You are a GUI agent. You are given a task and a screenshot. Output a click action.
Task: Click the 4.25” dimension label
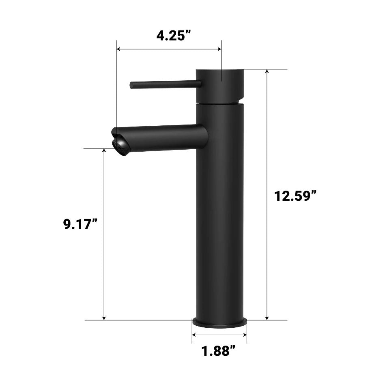(x=174, y=36)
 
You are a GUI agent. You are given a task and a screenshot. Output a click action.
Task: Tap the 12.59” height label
(x=295, y=196)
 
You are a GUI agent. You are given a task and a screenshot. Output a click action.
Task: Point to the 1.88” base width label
(x=219, y=351)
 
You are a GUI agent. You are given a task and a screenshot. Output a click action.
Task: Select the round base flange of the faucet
(x=219, y=323)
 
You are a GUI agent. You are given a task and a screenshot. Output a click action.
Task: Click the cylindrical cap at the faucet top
(x=219, y=86)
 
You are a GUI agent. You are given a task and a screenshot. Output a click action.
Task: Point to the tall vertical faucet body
(x=219, y=211)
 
